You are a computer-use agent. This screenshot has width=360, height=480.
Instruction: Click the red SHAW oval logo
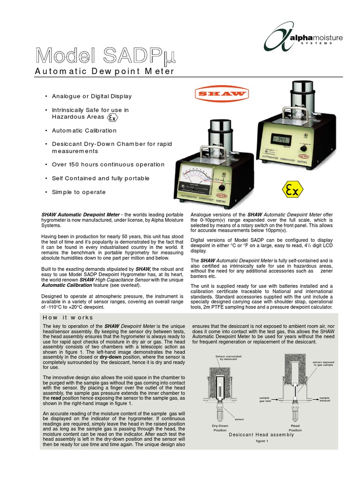220,94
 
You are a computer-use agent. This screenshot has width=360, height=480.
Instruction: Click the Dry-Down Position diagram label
219,427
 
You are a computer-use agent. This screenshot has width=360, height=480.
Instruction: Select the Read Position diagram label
295,427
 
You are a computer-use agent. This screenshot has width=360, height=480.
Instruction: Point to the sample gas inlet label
265,399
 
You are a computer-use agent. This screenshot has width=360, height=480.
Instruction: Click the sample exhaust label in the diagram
324,399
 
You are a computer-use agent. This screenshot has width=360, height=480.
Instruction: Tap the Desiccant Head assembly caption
262,435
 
